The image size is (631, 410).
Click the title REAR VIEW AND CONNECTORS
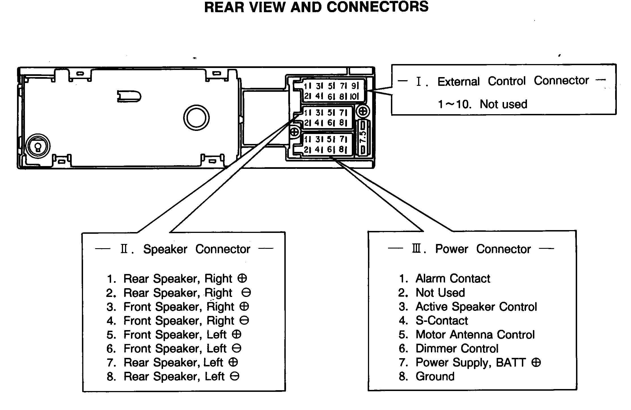[316, 7]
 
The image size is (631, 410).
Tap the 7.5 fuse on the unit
[363, 137]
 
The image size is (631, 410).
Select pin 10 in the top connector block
[354, 97]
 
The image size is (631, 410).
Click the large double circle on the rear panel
[196, 118]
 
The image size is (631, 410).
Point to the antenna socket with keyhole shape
[38, 146]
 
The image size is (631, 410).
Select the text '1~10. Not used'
[482, 104]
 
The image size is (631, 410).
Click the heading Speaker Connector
[196, 249]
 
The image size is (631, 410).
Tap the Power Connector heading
[482, 249]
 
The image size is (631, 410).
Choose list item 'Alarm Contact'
[452, 279]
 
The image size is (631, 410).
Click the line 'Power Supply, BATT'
[471, 362]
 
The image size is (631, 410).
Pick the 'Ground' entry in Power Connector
[435, 377]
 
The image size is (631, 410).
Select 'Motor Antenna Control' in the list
[475, 335]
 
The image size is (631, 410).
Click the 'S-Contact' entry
[441, 321]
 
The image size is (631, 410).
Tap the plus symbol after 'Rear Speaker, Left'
[233, 362]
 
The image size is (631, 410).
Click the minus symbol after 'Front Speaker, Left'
[236, 349]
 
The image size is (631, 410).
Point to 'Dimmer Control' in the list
[457, 349]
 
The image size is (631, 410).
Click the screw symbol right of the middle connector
[363, 111]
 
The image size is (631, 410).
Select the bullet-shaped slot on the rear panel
[129, 96]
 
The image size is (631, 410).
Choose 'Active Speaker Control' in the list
[476, 307]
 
